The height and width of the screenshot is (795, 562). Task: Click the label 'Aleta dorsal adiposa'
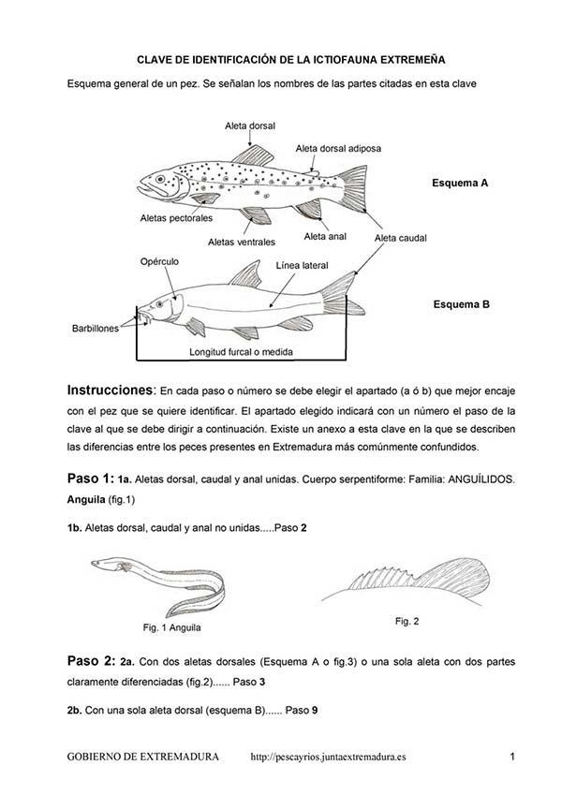337,148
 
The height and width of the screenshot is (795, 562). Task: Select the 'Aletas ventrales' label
241,242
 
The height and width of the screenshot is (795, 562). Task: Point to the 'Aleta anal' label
326,237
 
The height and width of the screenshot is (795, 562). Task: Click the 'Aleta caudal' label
400,239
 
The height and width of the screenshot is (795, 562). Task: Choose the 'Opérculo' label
158,261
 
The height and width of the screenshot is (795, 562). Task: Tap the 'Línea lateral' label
302,265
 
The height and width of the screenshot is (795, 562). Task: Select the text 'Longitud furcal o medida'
242,353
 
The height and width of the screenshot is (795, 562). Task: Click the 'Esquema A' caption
460,184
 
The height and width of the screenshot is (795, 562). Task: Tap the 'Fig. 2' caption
407,621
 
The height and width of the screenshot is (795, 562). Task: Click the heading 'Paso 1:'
90,478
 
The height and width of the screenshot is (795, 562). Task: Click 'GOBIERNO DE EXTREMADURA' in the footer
143,756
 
